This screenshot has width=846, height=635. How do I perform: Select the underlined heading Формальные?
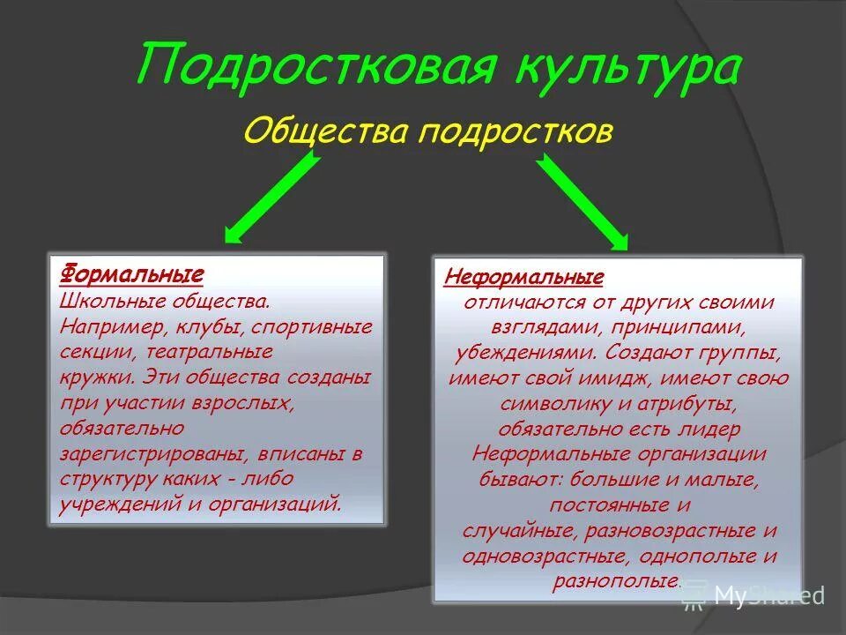(x=131, y=273)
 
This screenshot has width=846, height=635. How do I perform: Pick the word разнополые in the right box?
(x=616, y=581)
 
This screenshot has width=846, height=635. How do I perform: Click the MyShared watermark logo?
(x=753, y=595)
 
